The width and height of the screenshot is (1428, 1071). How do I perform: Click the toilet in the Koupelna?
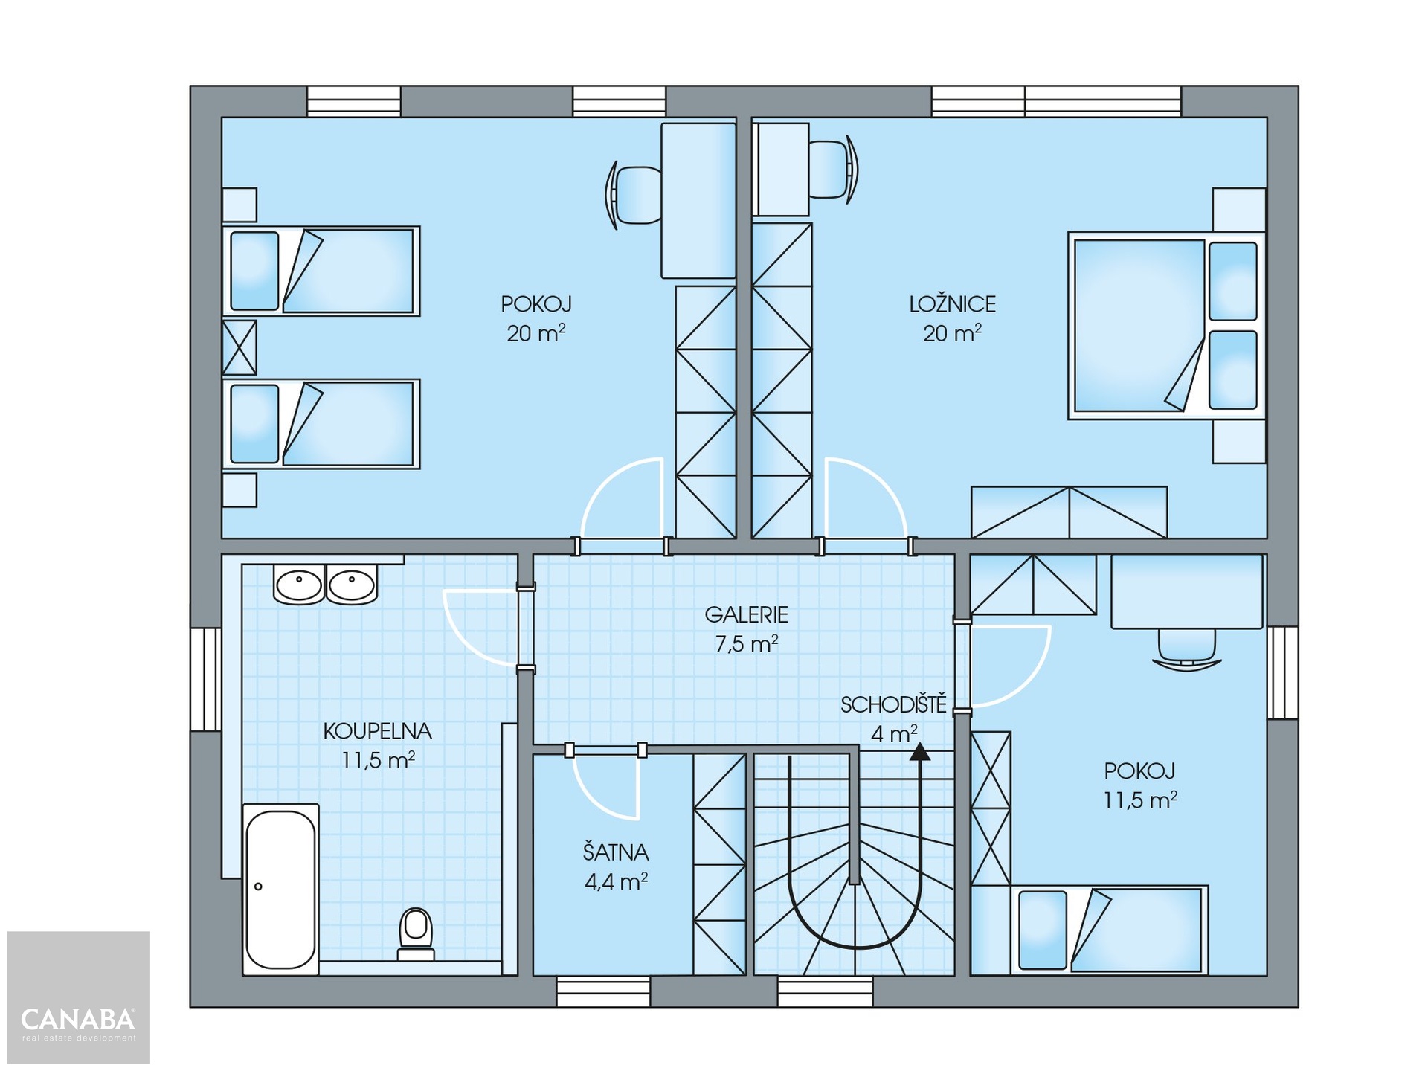coord(416,934)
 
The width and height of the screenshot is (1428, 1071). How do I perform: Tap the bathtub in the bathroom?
coord(280,889)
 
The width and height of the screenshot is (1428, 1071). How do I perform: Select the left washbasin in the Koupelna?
coord(299,585)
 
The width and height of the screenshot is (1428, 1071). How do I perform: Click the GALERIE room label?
coord(746,615)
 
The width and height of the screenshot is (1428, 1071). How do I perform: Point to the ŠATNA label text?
coord(616,852)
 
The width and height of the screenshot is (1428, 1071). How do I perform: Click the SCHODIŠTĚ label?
coord(893,704)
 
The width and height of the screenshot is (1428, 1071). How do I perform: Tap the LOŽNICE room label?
coord(952,304)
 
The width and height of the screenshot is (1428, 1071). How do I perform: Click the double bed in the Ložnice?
coord(1167,326)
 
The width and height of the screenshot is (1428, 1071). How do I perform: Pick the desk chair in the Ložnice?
coord(833,170)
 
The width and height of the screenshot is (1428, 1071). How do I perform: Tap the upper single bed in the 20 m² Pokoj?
coord(321,271)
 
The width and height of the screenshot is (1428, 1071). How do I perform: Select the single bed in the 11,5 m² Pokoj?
coord(1109,930)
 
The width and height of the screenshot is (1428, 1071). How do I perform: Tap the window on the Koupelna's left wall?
coord(206,679)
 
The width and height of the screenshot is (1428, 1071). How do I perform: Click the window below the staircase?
coord(825,991)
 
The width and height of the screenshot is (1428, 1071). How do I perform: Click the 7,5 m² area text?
coord(746,644)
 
